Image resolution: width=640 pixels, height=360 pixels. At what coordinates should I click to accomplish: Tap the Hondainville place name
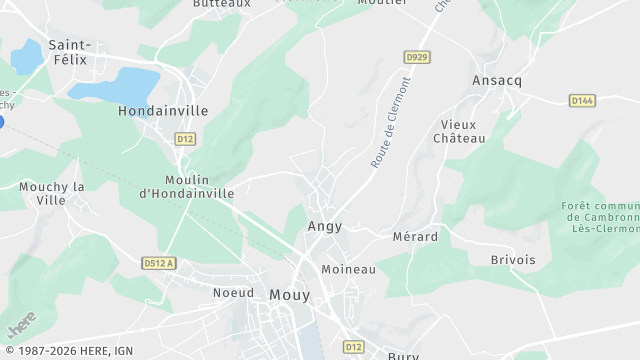[x=163, y=111]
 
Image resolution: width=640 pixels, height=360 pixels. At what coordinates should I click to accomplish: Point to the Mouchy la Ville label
[x=52, y=193]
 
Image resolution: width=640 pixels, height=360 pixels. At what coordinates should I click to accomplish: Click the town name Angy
[x=325, y=226]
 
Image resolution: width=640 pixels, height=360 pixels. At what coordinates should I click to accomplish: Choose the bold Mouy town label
[x=290, y=294]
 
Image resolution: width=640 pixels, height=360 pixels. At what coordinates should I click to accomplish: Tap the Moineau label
[x=348, y=270]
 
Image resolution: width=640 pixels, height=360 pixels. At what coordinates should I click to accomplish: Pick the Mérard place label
[x=416, y=237]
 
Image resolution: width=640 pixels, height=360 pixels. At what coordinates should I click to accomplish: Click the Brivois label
[x=513, y=259]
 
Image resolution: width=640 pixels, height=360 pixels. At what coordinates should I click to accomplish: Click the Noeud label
[x=233, y=293]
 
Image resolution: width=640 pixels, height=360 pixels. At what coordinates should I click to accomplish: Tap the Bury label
[x=405, y=355]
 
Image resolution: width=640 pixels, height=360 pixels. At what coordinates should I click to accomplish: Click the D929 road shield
[x=417, y=57]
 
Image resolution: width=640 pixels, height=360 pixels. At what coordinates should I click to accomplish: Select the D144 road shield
[x=582, y=100]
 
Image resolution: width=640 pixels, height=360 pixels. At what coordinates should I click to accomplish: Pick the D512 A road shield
[x=158, y=263]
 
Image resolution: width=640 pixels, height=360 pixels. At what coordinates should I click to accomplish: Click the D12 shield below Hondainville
[x=185, y=138]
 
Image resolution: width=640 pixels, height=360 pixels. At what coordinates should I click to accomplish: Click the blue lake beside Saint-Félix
[x=115, y=83]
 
